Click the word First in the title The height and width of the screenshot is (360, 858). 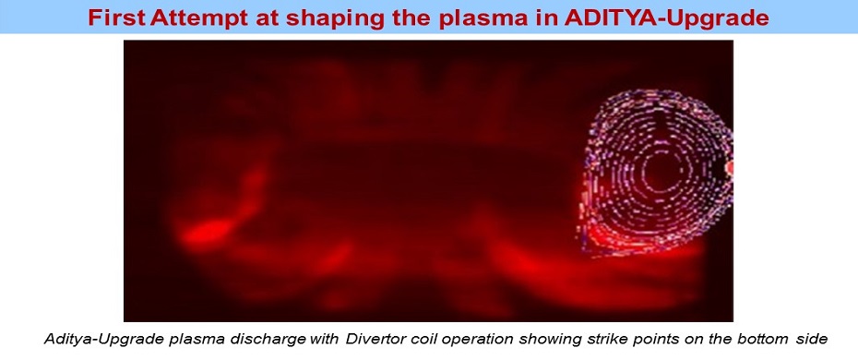(117, 18)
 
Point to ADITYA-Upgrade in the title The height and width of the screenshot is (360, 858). (666, 19)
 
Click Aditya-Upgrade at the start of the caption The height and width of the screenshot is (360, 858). (92, 339)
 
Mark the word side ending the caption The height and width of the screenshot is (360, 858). (811, 339)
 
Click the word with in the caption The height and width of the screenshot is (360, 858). (325, 339)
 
